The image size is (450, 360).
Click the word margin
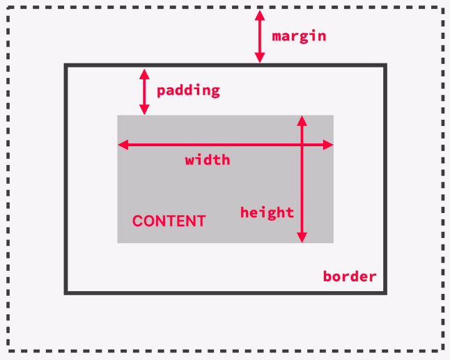(x=299, y=36)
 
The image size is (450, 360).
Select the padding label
(x=188, y=91)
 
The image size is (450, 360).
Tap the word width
(x=208, y=159)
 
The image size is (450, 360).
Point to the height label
(x=267, y=213)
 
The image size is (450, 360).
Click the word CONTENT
(x=169, y=221)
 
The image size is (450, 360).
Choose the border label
(x=350, y=276)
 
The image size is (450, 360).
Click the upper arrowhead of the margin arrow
(x=260, y=15)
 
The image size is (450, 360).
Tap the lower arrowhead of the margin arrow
(x=260, y=58)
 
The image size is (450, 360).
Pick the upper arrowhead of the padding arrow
(x=144, y=74)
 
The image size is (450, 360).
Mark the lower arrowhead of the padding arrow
(x=144, y=109)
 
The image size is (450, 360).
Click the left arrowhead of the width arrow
(x=123, y=145)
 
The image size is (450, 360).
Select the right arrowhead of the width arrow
(x=328, y=145)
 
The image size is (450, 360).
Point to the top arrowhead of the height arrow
(x=302, y=120)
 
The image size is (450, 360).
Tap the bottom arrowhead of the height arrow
(x=302, y=237)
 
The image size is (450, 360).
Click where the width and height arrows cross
(x=302, y=145)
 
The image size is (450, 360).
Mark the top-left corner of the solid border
(x=65, y=65)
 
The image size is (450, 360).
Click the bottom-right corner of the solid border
(x=385, y=293)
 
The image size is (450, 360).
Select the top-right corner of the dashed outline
(x=444, y=8)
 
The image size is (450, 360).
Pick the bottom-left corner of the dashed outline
(x=8, y=351)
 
